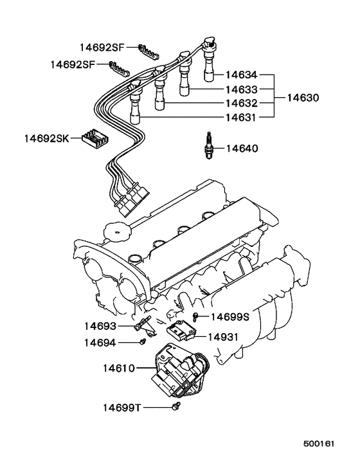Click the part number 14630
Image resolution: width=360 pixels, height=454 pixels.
pos(302,99)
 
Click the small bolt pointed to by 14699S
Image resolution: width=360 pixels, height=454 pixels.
pos(195,315)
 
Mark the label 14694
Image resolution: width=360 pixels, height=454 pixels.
pos(100,343)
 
